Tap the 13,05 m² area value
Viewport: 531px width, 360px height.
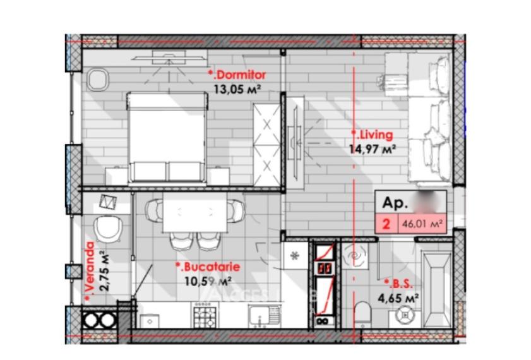(237, 89)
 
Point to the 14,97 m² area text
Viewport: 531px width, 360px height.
(373, 149)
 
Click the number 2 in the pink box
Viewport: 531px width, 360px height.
(385, 223)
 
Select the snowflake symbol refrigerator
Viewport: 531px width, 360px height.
(294, 255)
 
